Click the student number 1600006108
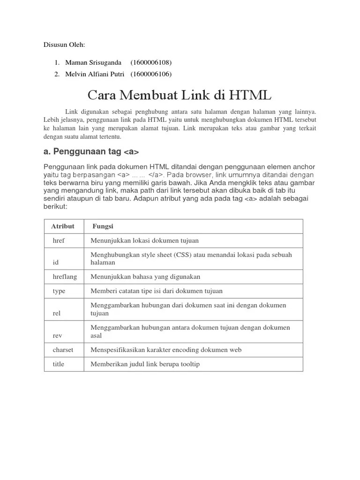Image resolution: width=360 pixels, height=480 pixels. (151, 62)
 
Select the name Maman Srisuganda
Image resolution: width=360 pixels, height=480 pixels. (93, 62)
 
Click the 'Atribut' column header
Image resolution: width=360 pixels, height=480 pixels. (63, 226)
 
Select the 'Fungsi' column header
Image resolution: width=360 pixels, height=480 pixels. (103, 226)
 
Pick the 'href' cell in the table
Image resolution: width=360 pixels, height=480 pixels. (59, 240)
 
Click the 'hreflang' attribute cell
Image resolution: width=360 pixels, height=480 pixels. (65, 277)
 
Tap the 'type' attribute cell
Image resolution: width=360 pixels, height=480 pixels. (59, 291)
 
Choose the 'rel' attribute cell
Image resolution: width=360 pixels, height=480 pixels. (56, 313)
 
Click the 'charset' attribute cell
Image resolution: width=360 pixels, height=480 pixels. (63, 350)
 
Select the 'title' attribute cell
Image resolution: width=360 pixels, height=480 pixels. (59, 364)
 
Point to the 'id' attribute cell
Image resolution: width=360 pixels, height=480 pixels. (55, 262)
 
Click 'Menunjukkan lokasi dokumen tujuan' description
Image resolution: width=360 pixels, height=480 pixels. (144, 240)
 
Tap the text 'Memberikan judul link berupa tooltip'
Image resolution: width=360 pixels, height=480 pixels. (145, 364)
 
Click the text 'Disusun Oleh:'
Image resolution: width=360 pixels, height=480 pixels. (64, 45)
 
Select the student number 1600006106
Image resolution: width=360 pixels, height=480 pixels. (151, 74)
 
